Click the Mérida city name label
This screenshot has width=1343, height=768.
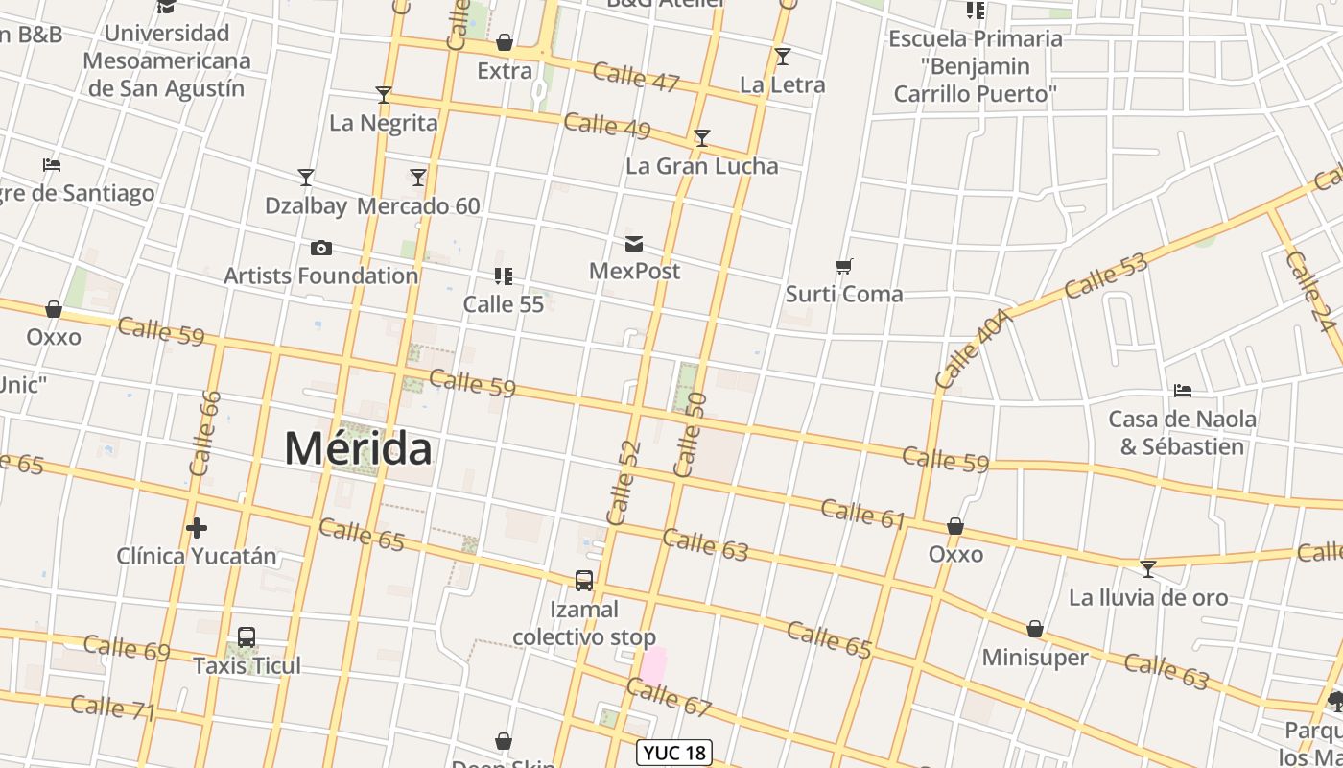click(x=358, y=449)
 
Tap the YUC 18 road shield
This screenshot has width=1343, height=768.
click(x=676, y=753)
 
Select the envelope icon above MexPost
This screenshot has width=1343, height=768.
click(x=634, y=244)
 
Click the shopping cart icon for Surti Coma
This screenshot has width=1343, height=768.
click(x=844, y=266)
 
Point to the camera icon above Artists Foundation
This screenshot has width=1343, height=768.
click(x=321, y=249)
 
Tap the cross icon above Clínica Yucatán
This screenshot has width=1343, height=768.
click(x=197, y=528)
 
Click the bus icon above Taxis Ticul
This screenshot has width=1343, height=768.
click(x=247, y=637)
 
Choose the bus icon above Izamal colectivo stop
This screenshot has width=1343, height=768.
click(x=583, y=581)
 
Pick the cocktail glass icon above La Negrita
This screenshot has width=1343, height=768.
click(x=384, y=94)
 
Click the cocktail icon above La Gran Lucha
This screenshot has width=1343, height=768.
click(x=702, y=138)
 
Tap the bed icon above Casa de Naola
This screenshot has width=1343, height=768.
click(x=1183, y=391)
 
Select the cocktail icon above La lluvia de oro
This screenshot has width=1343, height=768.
click(x=1147, y=569)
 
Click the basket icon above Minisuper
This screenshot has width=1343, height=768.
click(x=1035, y=630)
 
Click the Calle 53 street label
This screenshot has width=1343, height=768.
click(x=1105, y=275)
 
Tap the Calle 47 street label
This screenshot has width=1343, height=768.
click(x=636, y=76)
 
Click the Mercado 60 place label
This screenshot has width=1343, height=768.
click(x=418, y=206)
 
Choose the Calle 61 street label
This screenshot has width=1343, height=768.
click(x=863, y=514)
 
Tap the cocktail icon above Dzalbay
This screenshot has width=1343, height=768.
click(x=306, y=178)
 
